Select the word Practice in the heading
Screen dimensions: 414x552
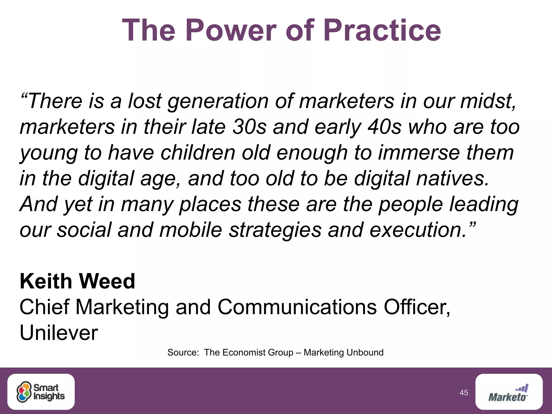tap(382, 30)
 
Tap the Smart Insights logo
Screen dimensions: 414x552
tap(41, 392)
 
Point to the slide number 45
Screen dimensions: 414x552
tap(464, 393)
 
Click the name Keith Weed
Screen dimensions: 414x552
tap(77, 281)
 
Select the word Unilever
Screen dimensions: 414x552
tap(58, 333)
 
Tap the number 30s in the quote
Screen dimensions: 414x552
tap(249, 127)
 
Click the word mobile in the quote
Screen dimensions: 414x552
tap(191, 230)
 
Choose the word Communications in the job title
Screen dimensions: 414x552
tap(297, 307)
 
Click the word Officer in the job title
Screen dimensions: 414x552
tap(417, 307)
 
